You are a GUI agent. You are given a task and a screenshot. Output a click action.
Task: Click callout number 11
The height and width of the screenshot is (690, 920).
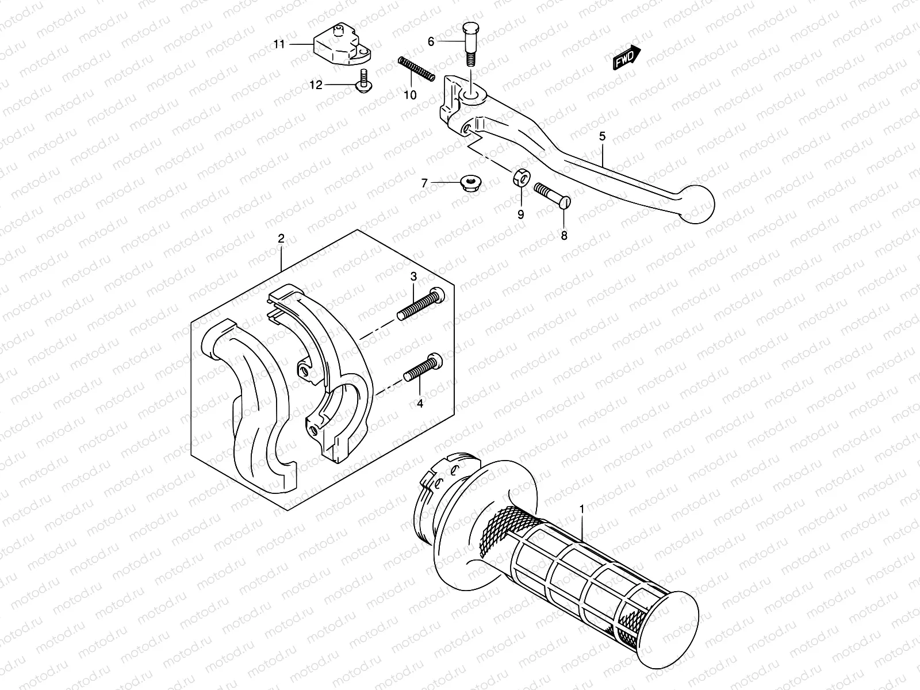click(279, 44)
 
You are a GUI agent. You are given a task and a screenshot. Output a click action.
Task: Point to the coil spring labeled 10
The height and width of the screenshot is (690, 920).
click(415, 70)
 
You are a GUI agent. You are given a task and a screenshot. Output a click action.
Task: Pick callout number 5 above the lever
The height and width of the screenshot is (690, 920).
click(602, 136)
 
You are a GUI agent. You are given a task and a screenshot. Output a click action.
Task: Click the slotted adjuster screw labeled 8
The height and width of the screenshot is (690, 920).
click(551, 194)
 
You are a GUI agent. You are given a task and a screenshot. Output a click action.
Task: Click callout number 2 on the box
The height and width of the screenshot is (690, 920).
click(281, 239)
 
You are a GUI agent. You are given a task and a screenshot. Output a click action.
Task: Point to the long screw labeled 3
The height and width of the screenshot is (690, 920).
click(421, 305)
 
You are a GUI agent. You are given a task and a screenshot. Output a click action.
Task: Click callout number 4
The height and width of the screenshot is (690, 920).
click(420, 404)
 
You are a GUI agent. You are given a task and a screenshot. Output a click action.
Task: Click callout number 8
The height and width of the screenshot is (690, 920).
click(563, 236)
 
